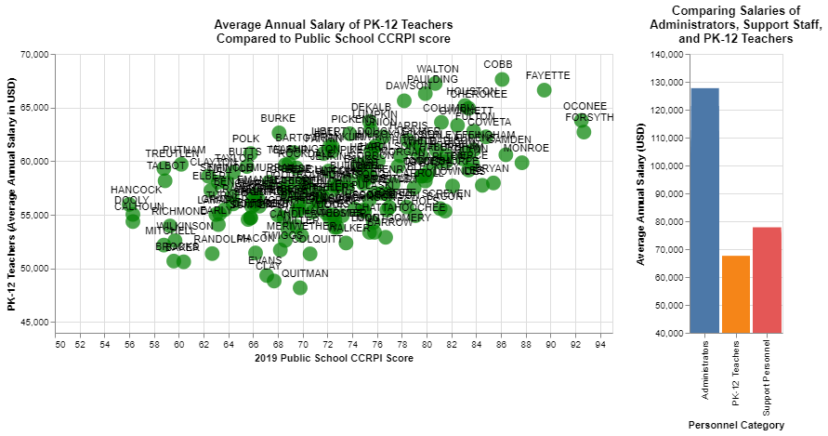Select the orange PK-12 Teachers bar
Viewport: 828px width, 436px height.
tap(736, 294)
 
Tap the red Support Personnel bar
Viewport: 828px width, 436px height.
tap(767, 280)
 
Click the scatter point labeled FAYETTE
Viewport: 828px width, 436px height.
tap(545, 90)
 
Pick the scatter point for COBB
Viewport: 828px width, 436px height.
tap(502, 80)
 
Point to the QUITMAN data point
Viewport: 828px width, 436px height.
tap(300, 288)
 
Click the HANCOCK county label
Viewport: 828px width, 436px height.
tap(136, 190)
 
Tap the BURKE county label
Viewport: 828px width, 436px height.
tap(278, 118)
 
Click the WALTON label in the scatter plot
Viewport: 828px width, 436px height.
tap(437, 69)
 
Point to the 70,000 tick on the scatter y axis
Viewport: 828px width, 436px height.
tap(33, 55)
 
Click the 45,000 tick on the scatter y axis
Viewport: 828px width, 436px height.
tap(33, 323)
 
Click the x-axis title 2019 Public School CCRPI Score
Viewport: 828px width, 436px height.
tap(334, 358)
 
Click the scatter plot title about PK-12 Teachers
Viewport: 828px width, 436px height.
tap(333, 32)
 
